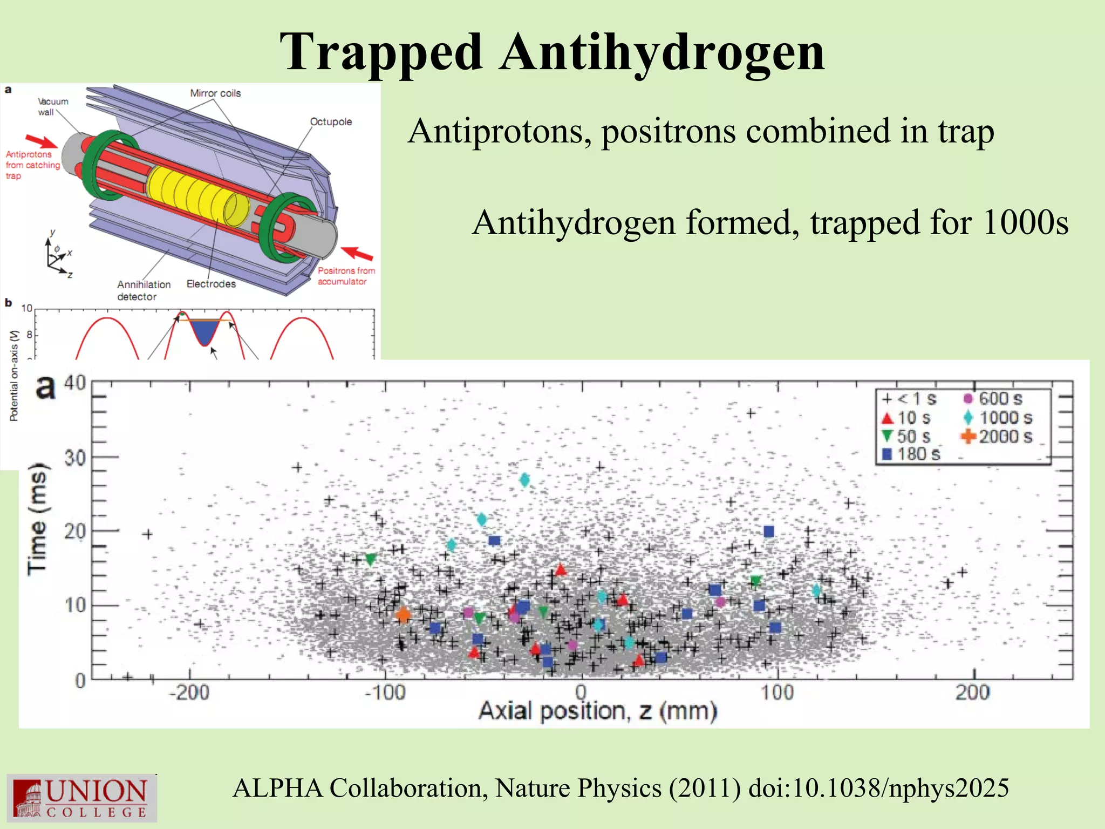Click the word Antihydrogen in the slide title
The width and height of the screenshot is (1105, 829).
coord(662,52)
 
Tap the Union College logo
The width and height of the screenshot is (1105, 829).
coord(82,798)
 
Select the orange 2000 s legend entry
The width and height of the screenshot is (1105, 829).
coord(997,436)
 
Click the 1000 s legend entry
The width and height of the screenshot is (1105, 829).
coord(998,417)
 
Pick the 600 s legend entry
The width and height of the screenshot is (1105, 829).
coord(993,398)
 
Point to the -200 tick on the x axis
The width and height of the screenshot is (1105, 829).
coord(189,692)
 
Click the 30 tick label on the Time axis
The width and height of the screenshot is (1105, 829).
coord(75,458)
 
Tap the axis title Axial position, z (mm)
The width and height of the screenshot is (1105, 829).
coord(598,711)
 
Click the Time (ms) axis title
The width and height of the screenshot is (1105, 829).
coord(38,518)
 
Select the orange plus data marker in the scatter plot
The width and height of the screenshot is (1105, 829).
coord(403,614)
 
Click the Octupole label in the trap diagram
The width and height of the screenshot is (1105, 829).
coord(331,122)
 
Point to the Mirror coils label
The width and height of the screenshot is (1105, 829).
coord(215,93)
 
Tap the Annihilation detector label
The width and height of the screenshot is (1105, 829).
coord(144,290)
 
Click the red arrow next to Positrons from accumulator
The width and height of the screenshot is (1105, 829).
coord(357,253)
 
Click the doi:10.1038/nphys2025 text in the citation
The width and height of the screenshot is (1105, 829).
coord(878,788)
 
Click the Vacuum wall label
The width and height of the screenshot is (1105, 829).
coord(52,107)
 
